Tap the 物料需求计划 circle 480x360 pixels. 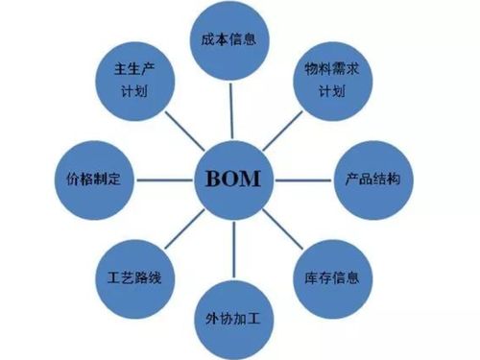[330, 81]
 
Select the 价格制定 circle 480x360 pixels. [93, 180]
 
